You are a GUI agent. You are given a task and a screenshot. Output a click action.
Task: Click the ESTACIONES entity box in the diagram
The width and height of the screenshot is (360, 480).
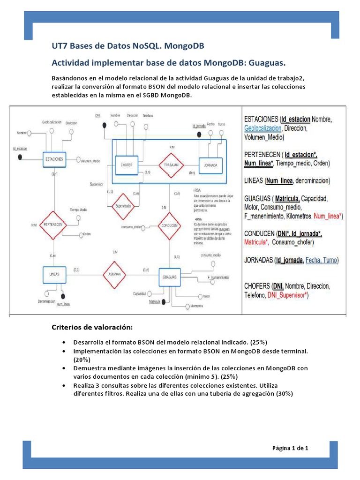point(55,159)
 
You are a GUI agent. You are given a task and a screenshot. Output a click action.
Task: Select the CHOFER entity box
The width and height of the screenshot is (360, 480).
point(126,165)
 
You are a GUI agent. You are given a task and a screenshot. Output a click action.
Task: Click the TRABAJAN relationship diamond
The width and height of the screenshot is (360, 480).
point(171,165)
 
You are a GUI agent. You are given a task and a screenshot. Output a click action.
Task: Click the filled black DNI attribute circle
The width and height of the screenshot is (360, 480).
point(104,125)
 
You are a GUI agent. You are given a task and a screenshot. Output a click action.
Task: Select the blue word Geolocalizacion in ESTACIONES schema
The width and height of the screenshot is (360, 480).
point(262,128)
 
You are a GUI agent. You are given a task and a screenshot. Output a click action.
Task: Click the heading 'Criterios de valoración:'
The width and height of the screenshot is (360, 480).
point(92,326)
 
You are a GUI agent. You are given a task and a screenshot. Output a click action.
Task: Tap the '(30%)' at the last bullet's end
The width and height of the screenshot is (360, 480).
point(283,393)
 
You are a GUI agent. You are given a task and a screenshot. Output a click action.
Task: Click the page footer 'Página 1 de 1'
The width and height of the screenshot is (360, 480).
point(290,448)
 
